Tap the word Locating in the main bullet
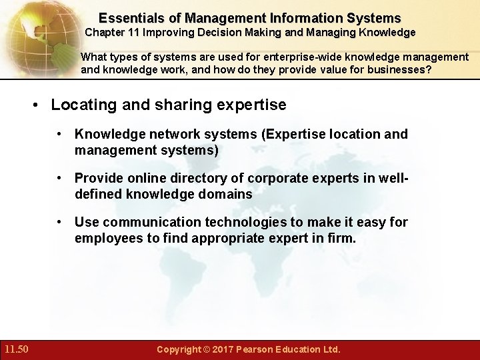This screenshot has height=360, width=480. click(x=80, y=105)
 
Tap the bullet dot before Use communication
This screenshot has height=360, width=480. click(x=61, y=221)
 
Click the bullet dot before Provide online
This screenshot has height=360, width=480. click(x=61, y=178)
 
